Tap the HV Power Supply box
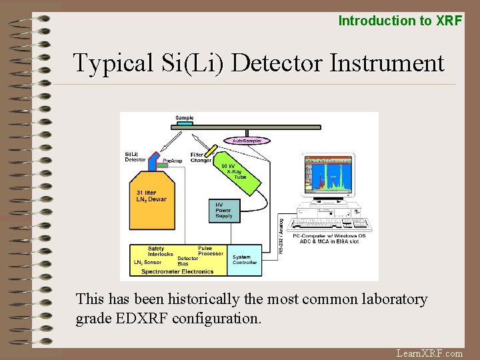225,211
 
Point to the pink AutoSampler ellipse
247,141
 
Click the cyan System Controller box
245,259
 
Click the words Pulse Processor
211,251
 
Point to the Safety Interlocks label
160,251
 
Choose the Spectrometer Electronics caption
177,271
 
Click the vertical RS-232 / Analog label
281,235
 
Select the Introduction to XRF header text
400,21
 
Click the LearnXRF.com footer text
429,353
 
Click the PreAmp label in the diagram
172,161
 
